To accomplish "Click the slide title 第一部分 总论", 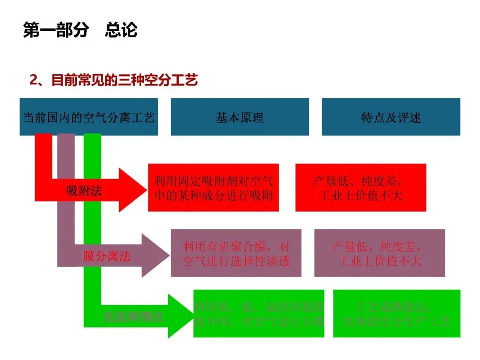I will tap(80, 30).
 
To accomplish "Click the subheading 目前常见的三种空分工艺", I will tap(124, 80).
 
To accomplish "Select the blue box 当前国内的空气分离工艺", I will tap(88, 117).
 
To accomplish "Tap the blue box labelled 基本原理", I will tap(240, 117).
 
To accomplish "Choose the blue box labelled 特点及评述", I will tap(391, 117).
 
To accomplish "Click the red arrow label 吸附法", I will tap(84, 191).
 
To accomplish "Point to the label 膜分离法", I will tap(107, 256).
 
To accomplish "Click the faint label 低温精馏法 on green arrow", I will tap(133, 317).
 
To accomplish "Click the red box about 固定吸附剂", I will tap(213, 188).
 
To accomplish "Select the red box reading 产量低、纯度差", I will tap(360, 188).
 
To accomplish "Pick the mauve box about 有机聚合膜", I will tap(236, 253).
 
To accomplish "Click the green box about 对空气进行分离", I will tap(259, 314).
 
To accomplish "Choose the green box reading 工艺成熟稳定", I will tap(396, 314).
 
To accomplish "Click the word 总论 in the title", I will tap(121, 30).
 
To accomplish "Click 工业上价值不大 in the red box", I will tap(361, 196).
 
